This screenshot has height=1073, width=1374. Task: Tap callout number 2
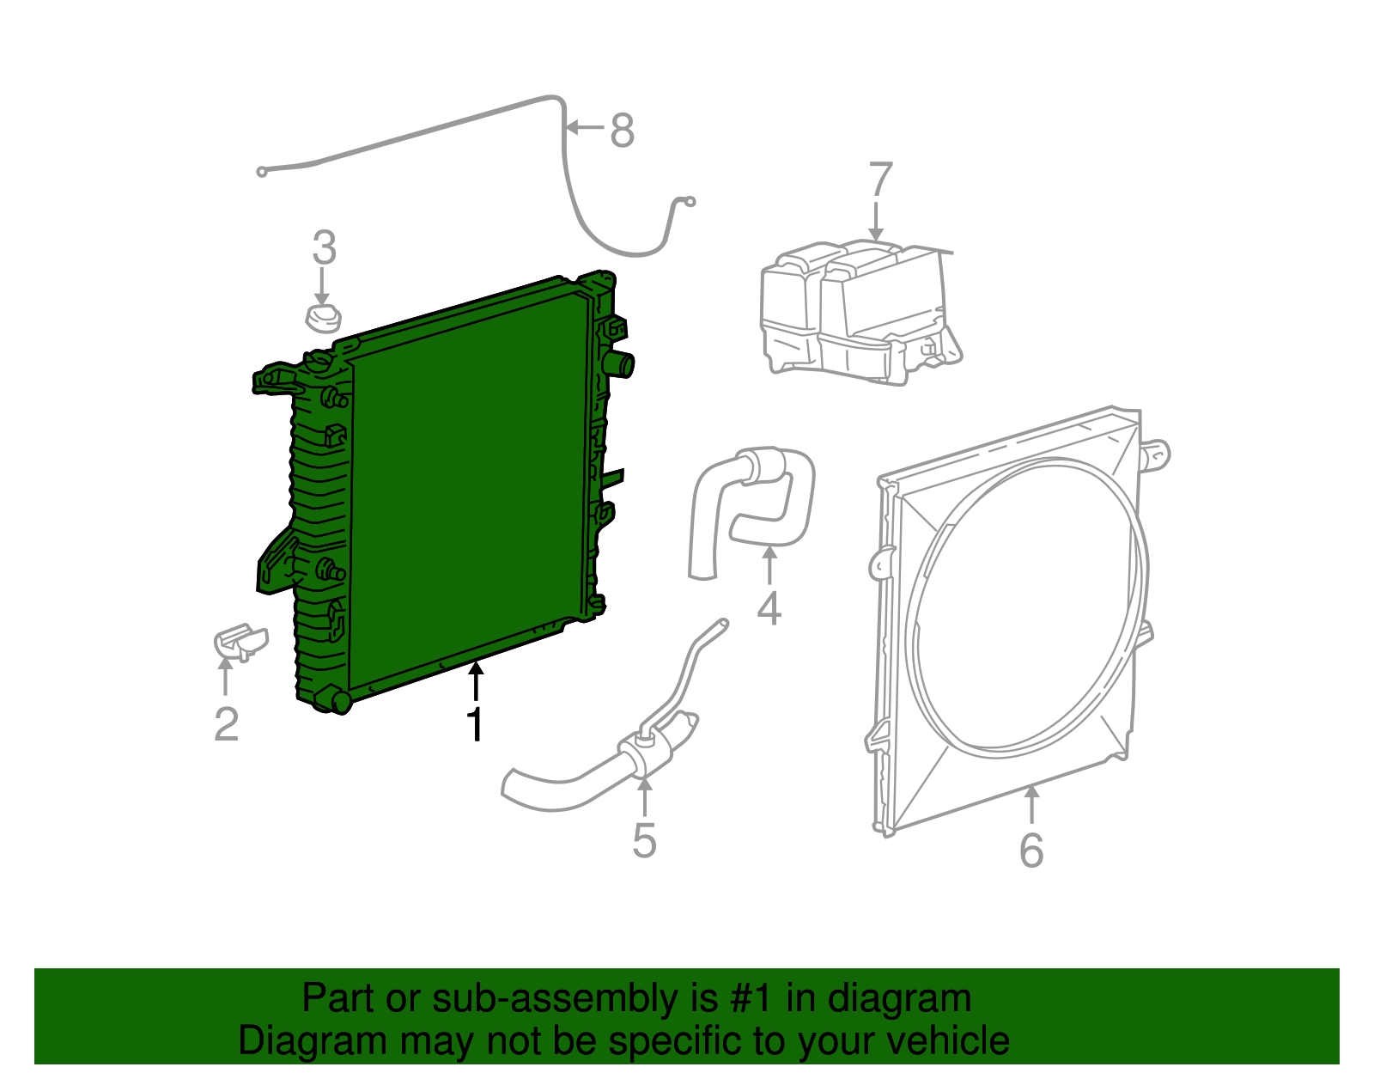coord(226,723)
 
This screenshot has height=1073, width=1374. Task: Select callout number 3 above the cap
coord(324,248)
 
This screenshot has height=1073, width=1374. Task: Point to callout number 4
coord(769,607)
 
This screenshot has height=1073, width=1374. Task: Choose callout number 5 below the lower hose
coord(644,840)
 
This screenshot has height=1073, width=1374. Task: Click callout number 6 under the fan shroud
coord(1031,850)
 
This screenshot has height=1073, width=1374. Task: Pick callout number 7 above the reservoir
coord(881,180)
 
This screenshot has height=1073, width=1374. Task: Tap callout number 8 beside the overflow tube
coord(623,131)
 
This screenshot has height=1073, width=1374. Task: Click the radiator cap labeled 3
coord(323,319)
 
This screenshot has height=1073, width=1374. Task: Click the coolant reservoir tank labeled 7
coord(859,314)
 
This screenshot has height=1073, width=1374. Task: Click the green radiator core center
coord(468,490)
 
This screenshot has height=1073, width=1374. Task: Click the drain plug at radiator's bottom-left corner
coord(337,700)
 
